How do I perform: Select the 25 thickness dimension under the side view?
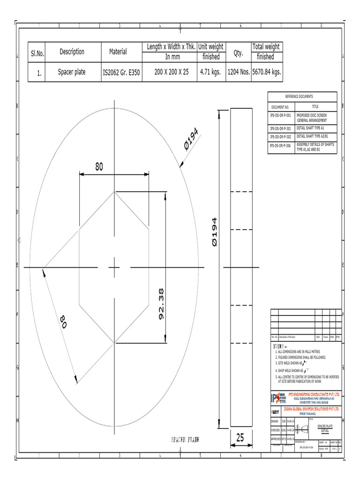240,438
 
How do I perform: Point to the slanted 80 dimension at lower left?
64,322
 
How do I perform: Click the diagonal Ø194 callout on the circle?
191,139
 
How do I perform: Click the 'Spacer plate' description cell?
71,72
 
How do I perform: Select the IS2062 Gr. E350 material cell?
121,73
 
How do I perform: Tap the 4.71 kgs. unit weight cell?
210,72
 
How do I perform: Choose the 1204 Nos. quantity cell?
238,72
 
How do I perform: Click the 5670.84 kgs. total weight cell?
266,72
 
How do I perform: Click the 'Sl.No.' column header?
37,53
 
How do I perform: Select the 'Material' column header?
118,52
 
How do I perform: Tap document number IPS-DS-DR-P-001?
281,115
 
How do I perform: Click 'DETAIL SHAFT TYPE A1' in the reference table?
310,127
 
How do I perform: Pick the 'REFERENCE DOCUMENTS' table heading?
302,97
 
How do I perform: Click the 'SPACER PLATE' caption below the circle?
185,440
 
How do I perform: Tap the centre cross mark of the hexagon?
115,267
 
